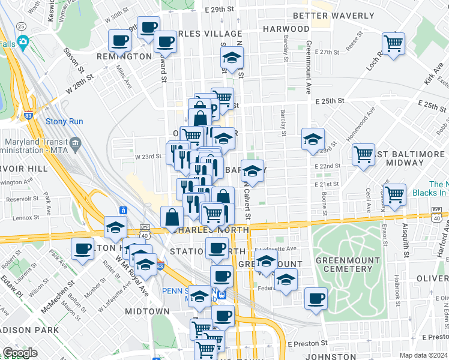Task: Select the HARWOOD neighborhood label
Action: tap(286, 29)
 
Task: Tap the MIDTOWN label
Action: tap(147, 311)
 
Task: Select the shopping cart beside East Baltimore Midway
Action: tap(364, 154)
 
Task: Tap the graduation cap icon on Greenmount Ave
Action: tap(313, 139)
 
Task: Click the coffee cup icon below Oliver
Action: tap(316, 298)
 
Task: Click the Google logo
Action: tap(20, 353)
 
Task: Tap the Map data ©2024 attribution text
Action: tap(424, 355)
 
